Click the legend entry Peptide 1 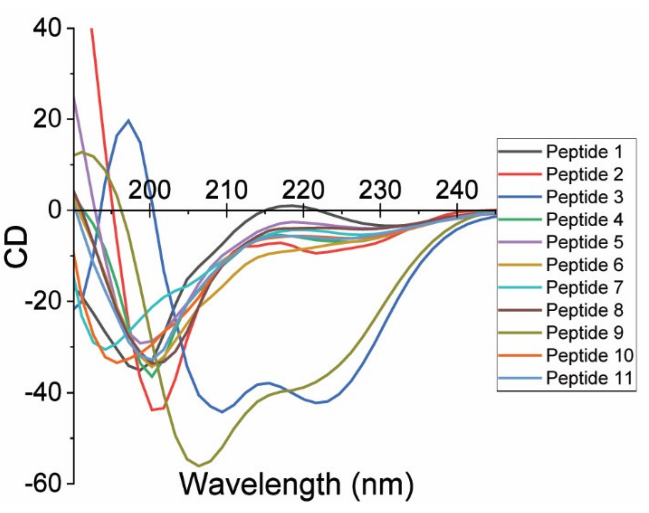click(584, 152)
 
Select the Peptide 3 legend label click(584, 197)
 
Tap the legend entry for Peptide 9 click(584, 333)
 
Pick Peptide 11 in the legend click(589, 378)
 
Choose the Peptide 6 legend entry click(584, 265)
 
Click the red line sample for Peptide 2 click(520, 174)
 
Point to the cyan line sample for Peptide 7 click(520, 287)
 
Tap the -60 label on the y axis click(43, 484)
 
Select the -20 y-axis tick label click(43, 301)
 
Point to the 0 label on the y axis click(55, 210)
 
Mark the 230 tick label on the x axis click(380, 190)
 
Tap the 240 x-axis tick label click(457, 190)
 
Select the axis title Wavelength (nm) click(296, 484)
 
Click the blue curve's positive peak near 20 click(128, 120)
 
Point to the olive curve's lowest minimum click(199, 466)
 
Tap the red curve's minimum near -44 click(153, 410)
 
